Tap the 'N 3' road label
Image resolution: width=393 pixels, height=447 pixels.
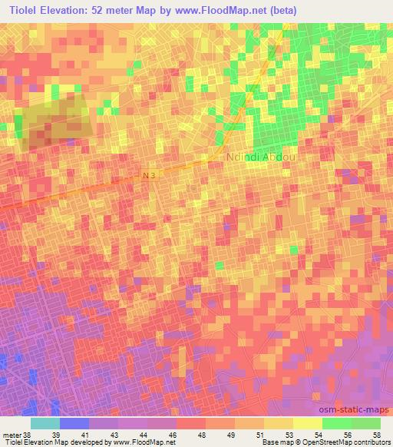(x=149, y=176)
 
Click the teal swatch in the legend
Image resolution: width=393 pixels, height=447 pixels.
(x=45, y=423)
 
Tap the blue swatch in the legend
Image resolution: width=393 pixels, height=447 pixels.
(x=74, y=423)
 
